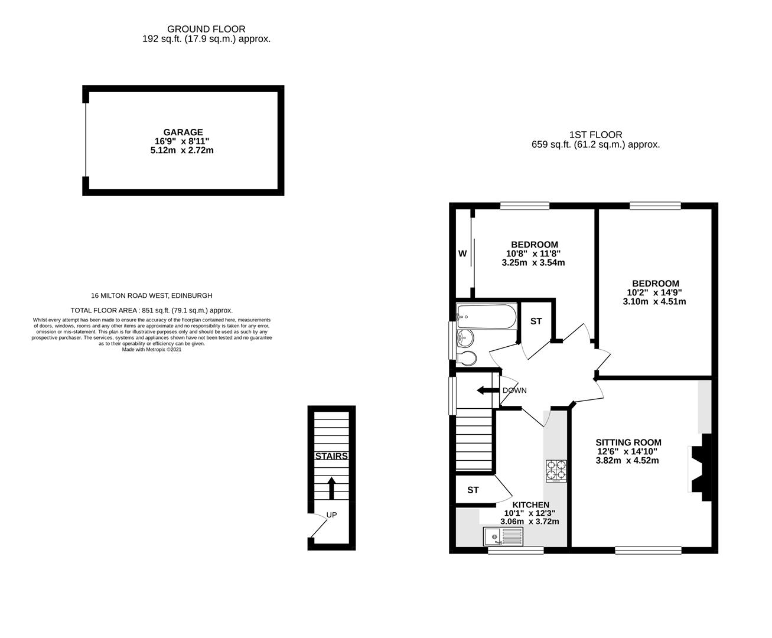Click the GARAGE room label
[183, 132]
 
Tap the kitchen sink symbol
[503, 536]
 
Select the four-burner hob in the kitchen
[556, 471]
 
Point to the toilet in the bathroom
[467, 358]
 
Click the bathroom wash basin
[464, 338]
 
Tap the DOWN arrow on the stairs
[488, 390]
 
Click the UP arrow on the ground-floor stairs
[331, 488]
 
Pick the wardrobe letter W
[462, 254]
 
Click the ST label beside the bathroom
[536, 321]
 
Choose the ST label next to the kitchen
[473, 490]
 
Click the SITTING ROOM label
[628, 442]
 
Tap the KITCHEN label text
[530, 504]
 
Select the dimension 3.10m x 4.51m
[654, 301]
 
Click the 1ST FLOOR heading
[595, 135]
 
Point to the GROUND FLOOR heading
[206, 29]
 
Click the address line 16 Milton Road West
[151, 295]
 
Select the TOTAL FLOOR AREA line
[151, 310]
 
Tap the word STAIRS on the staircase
[331, 456]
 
